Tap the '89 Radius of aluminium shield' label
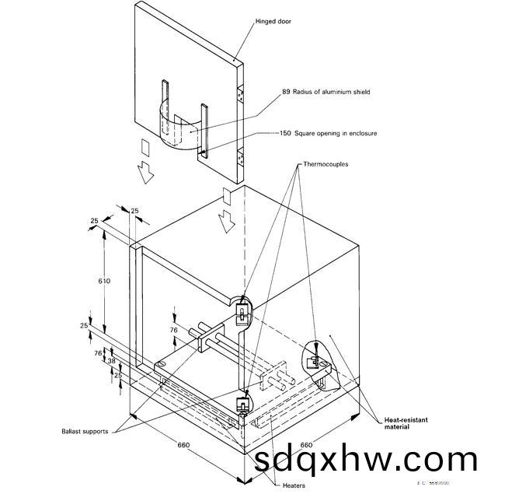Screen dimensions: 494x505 (326, 92)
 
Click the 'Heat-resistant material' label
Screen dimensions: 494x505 (406, 423)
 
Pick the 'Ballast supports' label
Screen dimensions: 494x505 (87, 430)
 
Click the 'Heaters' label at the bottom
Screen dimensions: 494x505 (293, 484)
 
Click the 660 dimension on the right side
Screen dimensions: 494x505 (306, 446)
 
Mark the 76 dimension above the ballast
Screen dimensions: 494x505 (174, 330)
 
